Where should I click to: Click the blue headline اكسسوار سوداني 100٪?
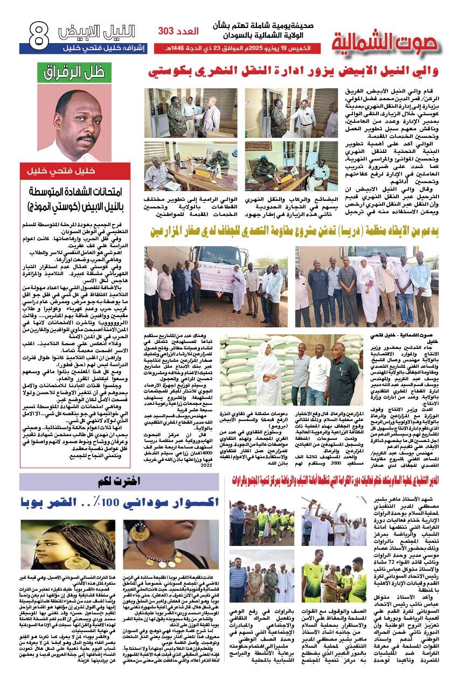(x=119, y=504)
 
